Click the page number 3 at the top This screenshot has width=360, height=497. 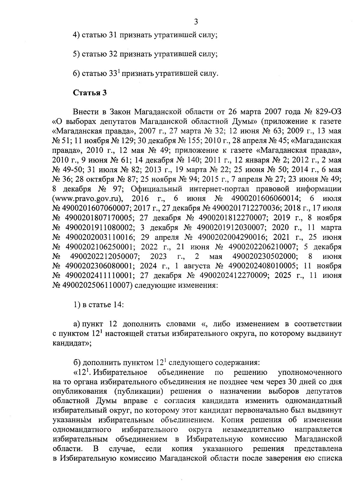coord(196,21)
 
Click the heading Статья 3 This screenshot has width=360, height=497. coord(90,93)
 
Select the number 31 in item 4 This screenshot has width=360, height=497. coord(112,35)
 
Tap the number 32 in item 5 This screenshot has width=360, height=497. coord(112,54)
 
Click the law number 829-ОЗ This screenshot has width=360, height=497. coord(328,112)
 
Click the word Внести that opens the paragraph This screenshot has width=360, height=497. coord(85,112)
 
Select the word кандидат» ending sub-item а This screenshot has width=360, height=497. coord(71,344)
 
